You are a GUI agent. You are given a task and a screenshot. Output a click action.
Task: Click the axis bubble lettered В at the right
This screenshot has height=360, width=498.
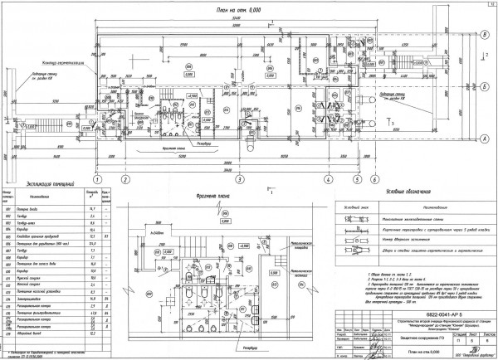(x=484, y=34)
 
